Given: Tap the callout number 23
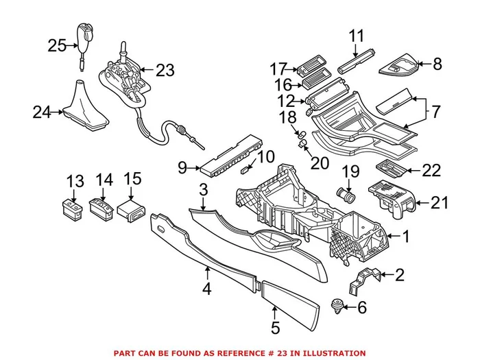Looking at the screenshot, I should point(165,70).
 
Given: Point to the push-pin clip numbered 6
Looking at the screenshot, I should point(337,306).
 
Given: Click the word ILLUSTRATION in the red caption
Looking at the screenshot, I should point(330,353).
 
